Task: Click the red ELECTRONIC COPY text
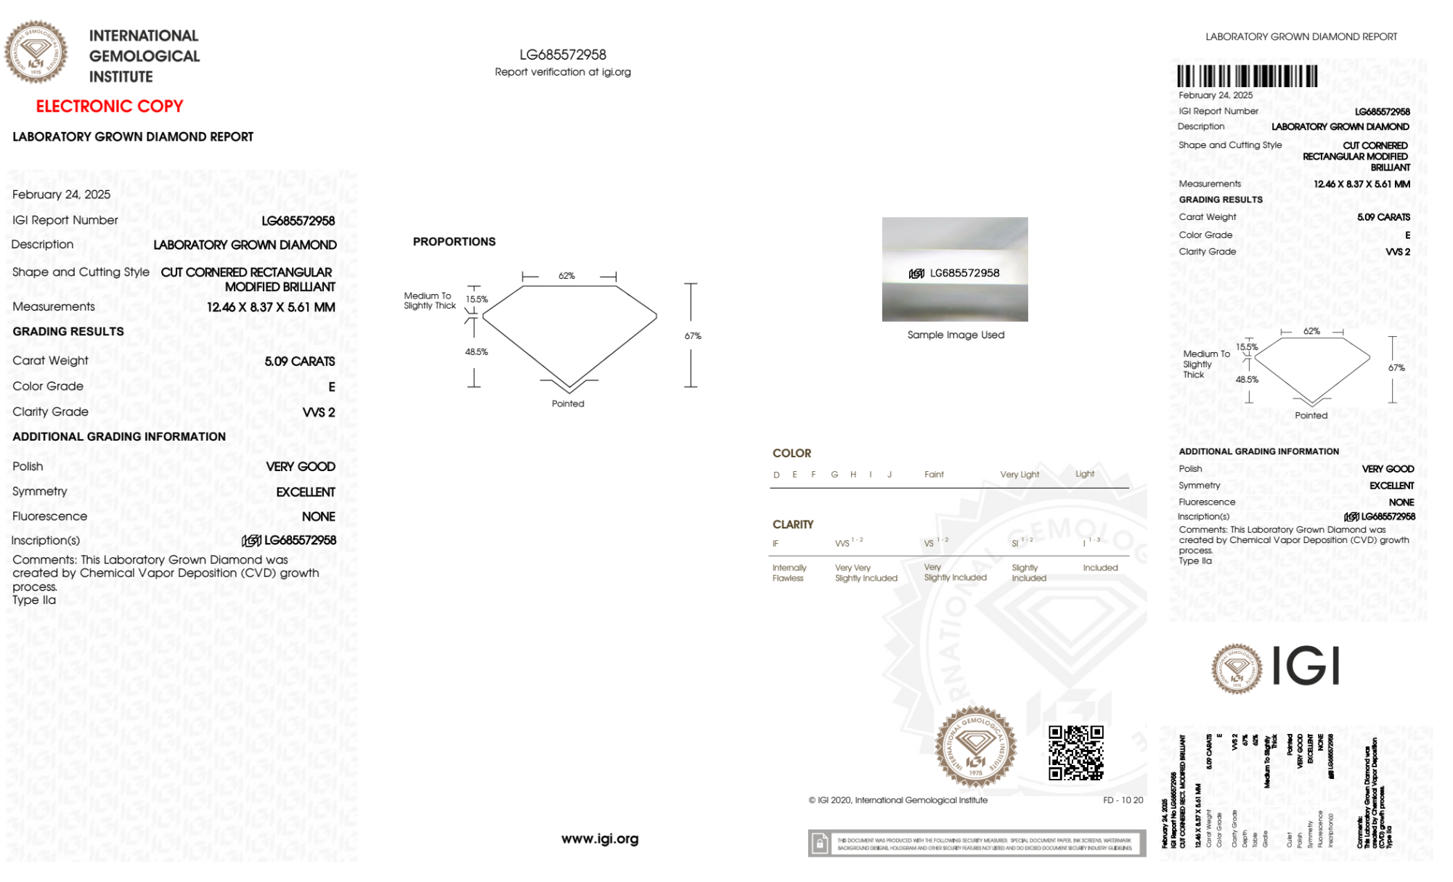109,106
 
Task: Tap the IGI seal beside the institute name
36,52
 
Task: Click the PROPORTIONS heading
454,242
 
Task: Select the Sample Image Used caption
956,335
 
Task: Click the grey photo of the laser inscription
955,269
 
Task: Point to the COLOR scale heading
791,453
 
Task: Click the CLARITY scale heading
793,524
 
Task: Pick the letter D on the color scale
776,475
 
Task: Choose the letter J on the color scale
890,475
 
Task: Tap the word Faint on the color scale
934,475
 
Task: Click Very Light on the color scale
1019,475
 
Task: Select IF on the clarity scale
776,544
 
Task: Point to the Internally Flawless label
789,573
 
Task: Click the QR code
1076,753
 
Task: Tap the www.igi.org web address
600,838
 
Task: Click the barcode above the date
1247,76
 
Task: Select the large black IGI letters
1306,666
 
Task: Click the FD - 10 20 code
1123,800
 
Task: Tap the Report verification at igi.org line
563,72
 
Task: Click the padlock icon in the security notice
820,844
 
